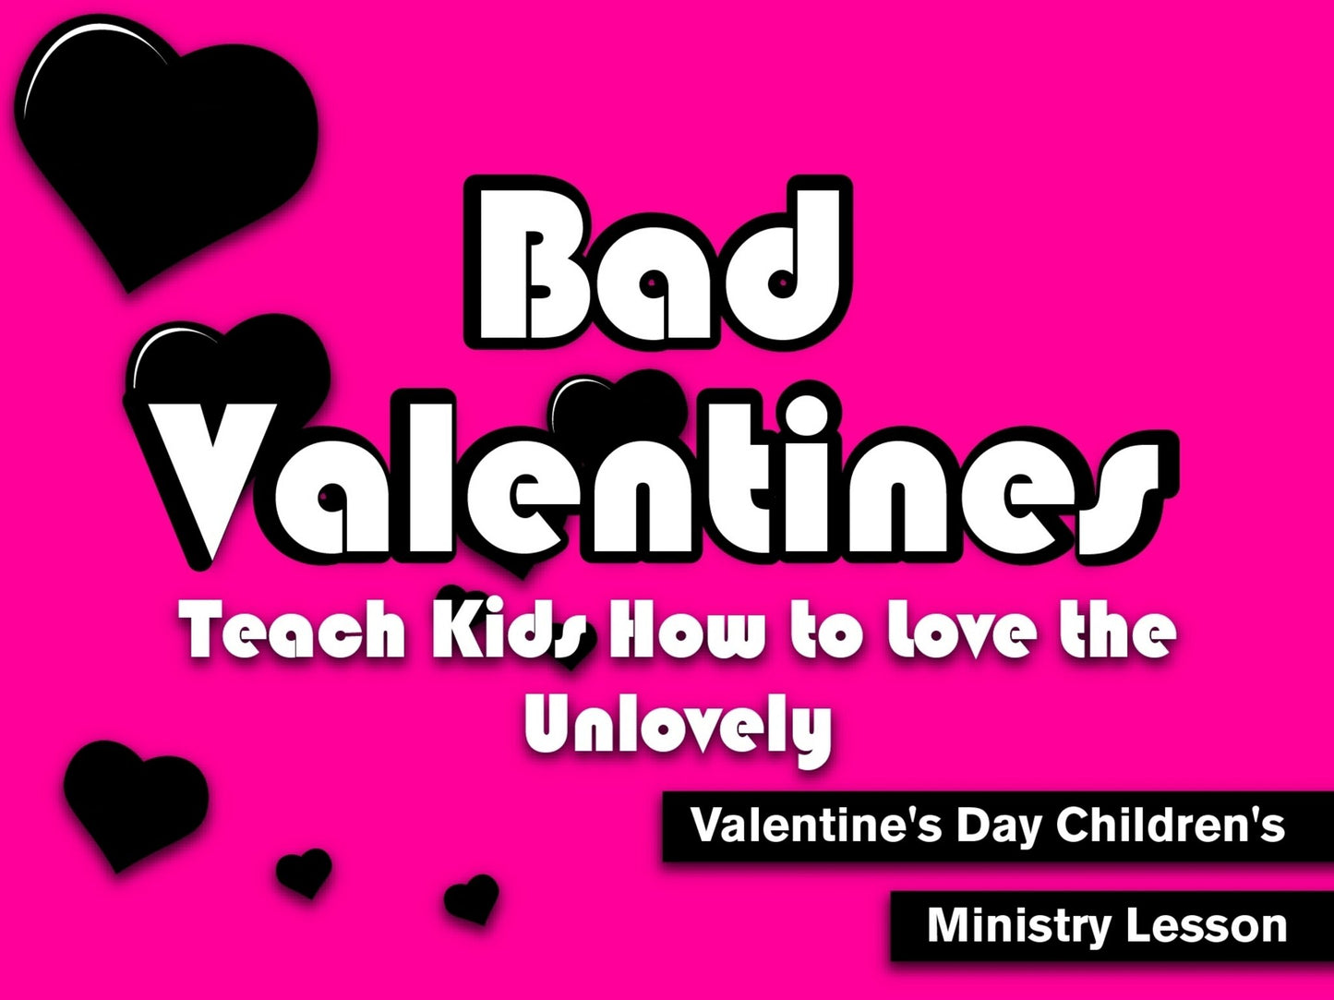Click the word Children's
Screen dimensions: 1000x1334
click(1171, 825)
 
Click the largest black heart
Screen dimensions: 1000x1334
click(166, 139)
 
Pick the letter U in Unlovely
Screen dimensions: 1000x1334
click(553, 722)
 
